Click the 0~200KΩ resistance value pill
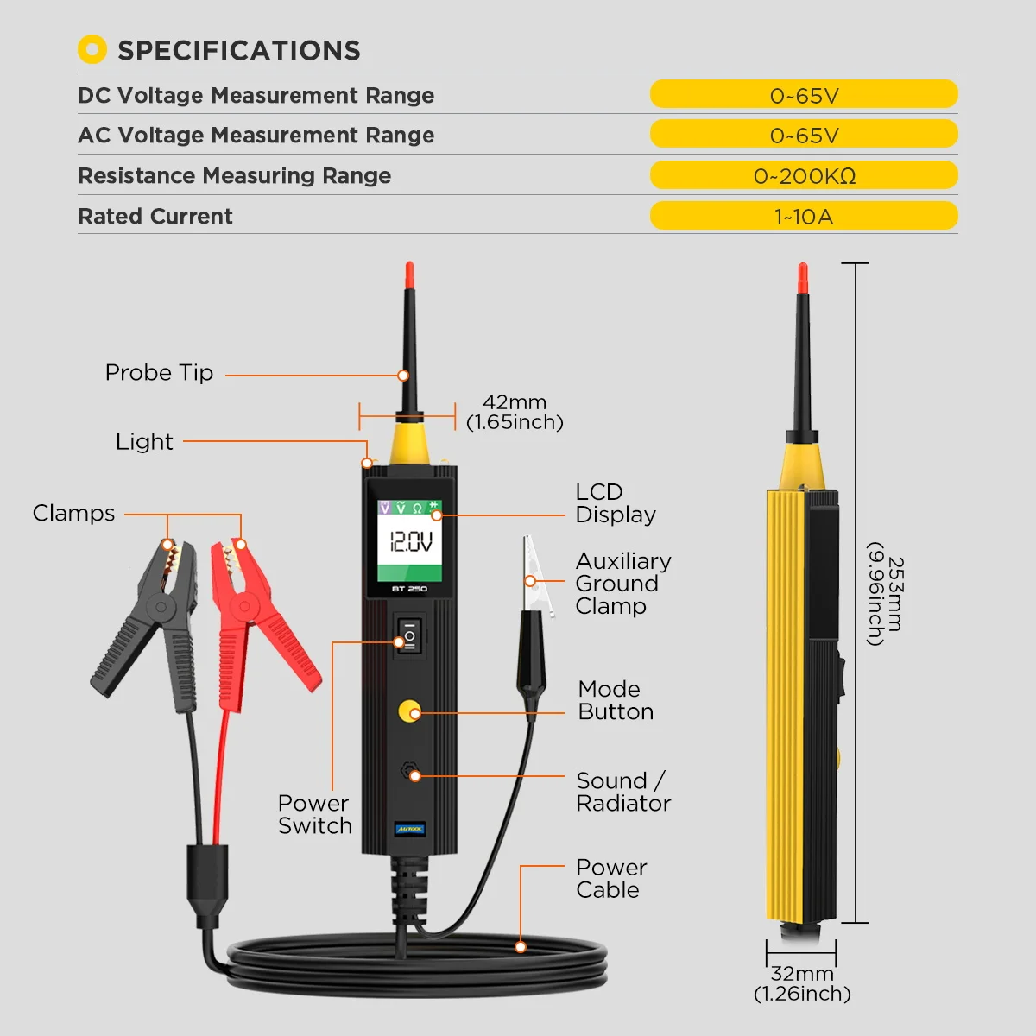804,175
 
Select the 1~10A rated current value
804,216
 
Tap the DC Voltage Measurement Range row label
256,95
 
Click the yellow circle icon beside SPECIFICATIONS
92,50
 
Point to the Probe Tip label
159,373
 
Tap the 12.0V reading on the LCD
411,542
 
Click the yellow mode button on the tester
408,712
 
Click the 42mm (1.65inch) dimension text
515,412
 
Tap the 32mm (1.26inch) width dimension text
802,983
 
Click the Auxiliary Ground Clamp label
622,584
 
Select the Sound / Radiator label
622,792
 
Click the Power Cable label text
610,878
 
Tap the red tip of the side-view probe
802,278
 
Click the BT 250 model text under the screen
409,589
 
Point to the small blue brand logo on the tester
409,829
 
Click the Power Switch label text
314,814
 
